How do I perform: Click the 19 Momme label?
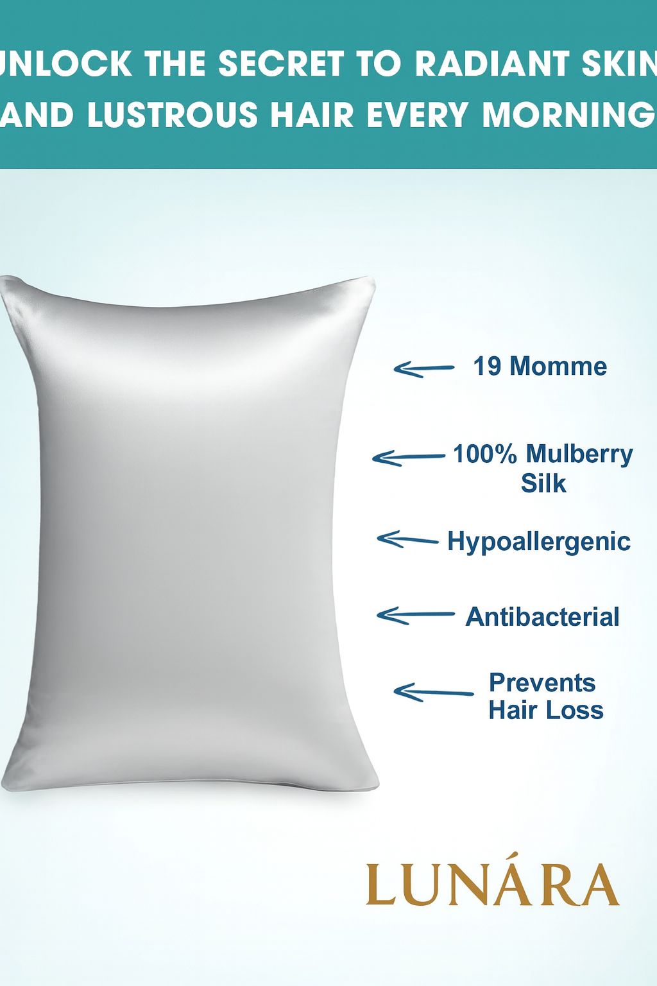[x=540, y=367]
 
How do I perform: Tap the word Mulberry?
[x=579, y=454]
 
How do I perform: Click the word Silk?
[x=543, y=483]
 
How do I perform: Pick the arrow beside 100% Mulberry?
[x=408, y=458]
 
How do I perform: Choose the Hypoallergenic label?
[x=539, y=541]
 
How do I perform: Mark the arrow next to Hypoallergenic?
[x=407, y=540]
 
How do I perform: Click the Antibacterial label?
[x=542, y=617]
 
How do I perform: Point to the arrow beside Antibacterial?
[x=414, y=616]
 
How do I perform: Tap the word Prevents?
[x=542, y=683]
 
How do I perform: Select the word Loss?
[x=579, y=711]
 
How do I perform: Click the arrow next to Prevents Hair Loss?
[x=432, y=693]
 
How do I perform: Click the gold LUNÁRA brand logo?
[x=492, y=885]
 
